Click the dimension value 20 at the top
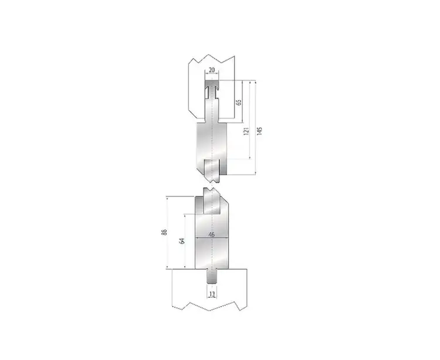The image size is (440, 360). coord(212,70)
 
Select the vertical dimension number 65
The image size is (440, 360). coord(239,103)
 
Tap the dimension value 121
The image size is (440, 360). coord(246,131)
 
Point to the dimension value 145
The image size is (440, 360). coord(259,131)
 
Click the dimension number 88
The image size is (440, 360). coord(164,232)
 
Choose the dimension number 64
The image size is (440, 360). coord(182,241)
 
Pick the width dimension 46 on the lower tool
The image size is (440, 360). coord(212,235)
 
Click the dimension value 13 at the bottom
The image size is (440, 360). coord(212,294)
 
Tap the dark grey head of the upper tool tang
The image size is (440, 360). coord(212,83)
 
